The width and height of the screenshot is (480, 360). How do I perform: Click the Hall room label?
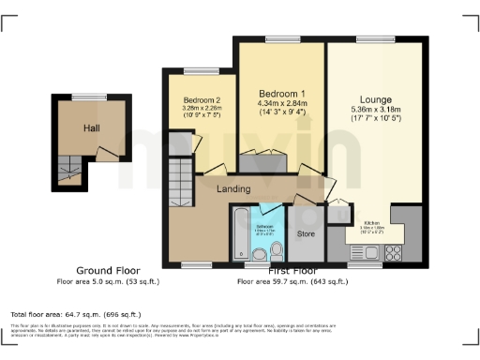[91, 128]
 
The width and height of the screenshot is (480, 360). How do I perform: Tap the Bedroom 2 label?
[202, 100]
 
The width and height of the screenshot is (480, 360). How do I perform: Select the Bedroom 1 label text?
[282, 94]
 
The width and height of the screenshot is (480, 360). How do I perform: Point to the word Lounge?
[375, 99]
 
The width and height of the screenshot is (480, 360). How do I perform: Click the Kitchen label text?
[372, 222]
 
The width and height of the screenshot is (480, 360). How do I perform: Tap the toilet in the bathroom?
[277, 249]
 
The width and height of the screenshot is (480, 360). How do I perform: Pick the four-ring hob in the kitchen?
[392, 251]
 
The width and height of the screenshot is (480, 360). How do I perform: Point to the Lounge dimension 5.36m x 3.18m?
[375, 111]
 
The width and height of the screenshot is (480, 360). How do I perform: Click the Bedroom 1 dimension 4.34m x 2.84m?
[282, 104]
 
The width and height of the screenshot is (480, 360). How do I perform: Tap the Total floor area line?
[75, 314]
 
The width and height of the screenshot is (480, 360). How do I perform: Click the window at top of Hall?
[91, 97]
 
